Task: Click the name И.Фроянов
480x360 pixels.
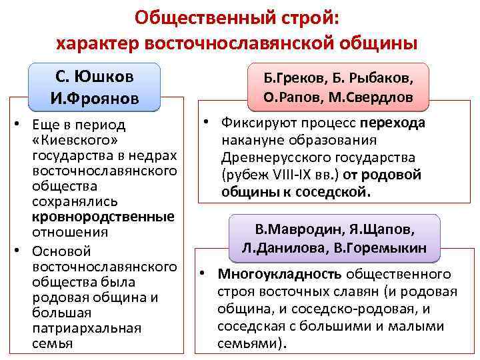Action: coord(95,99)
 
